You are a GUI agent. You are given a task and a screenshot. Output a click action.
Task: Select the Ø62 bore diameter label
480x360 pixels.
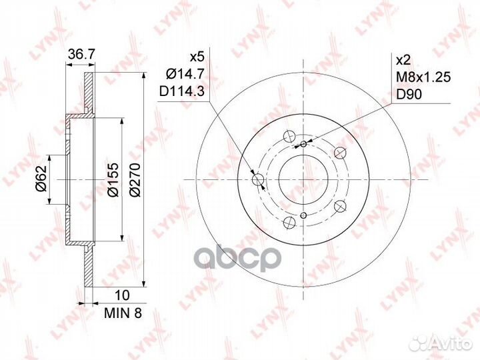tap(42, 179)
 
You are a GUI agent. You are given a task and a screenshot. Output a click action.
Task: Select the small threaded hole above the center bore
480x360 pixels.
tap(303, 144)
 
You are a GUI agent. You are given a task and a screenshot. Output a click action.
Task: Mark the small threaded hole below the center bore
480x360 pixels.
tap(303, 215)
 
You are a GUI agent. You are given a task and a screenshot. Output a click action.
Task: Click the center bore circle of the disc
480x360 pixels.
tap(303, 179)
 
